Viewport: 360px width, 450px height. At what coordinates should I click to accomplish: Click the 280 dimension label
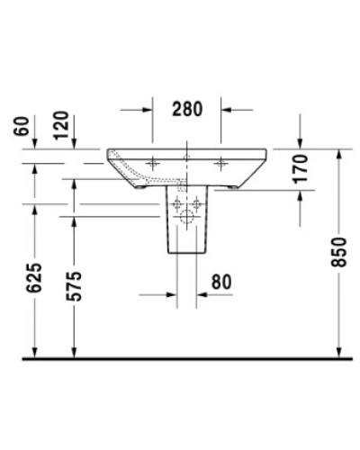pos(186,109)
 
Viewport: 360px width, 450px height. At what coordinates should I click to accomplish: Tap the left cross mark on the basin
pos(151,163)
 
